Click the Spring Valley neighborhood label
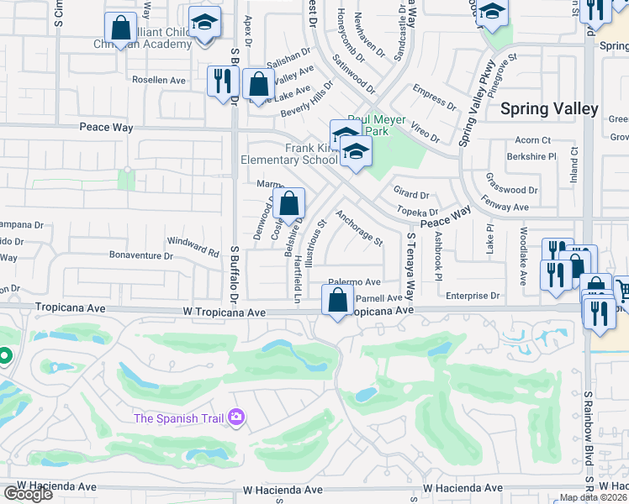549,109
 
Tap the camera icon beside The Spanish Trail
236,417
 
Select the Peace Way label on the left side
107,127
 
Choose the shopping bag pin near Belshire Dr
288,204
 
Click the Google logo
28,494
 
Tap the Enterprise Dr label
473,296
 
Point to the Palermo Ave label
354,282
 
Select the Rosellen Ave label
159,80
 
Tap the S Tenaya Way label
411,267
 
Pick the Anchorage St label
359,227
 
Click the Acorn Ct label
533,139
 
